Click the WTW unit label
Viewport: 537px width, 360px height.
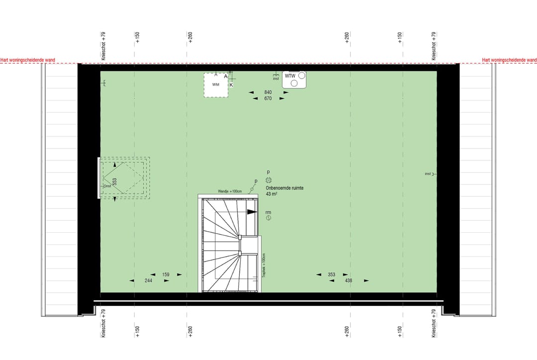click(x=290, y=76)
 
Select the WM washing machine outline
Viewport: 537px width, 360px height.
click(x=216, y=85)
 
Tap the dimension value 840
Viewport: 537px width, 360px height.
click(x=268, y=92)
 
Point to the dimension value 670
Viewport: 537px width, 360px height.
click(x=268, y=98)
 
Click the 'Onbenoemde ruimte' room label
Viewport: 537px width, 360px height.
click(x=284, y=188)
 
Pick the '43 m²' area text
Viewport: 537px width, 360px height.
click(x=271, y=194)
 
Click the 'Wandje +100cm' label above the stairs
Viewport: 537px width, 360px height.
click(x=229, y=191)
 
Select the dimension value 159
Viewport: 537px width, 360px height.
click(x=166, y=274)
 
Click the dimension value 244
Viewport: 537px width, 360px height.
click(x=149, y=280)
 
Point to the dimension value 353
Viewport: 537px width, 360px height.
click(x=332, y=274)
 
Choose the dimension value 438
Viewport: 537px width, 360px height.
click(x=348, y=280)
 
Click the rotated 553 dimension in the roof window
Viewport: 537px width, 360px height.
click(x=114, y=182)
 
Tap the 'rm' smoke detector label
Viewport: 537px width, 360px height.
click(x=268, y=212)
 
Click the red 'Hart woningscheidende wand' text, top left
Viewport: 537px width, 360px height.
click(x=28, y=60)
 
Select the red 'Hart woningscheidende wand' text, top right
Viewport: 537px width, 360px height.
click(x=509, y=60)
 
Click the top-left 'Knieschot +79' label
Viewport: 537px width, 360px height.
click(x=103, y=46)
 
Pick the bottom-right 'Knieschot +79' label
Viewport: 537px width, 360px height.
click(x=434, y=324)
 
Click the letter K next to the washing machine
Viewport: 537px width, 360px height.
click(x=231, y=85)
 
